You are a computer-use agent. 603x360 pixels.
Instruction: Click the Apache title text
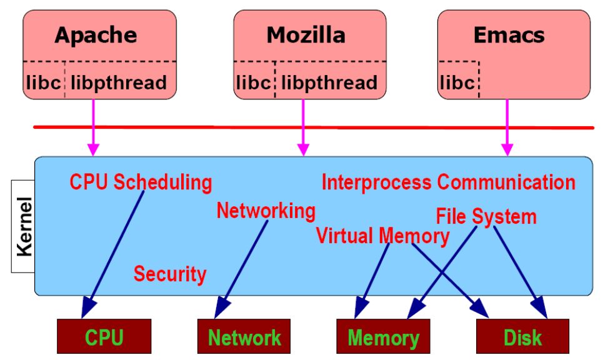click(96, 35)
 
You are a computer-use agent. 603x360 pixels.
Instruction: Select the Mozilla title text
click(306, 35)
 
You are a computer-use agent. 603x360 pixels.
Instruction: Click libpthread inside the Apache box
click(119, 82)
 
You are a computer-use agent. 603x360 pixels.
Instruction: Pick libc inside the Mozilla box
click(254, 82)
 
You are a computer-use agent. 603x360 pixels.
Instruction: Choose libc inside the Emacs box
click(458, 82)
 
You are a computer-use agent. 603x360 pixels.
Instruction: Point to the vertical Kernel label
click(24, 226)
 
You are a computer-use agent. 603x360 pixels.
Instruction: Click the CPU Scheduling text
click(141, 182)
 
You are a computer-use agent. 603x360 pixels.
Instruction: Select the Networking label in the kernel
click(266, 211)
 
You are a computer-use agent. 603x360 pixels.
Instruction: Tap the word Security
click(170, 274)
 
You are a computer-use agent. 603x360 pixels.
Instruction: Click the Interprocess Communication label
click(448, 182)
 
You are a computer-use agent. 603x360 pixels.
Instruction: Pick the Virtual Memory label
click(382, 236)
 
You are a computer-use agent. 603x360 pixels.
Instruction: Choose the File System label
click(486, 217)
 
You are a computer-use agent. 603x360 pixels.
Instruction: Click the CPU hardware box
click(104, 338)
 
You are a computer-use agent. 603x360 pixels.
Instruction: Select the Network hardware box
click(244, 338)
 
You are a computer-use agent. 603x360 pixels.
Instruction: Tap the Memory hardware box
click(384, 338)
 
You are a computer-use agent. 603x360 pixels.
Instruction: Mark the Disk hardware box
click(522, 338)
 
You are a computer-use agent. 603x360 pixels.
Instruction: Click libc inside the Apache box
click(43, 82)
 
